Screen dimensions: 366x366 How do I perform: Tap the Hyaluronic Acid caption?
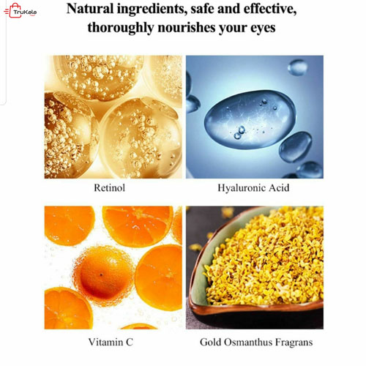tap(254, 187)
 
